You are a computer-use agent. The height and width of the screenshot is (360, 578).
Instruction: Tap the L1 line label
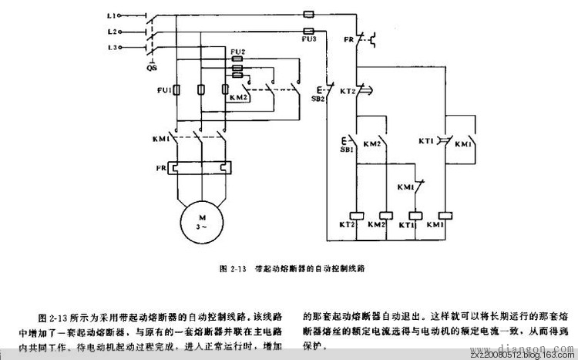pos(111,15)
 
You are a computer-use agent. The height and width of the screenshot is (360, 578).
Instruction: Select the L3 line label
pos(111,48)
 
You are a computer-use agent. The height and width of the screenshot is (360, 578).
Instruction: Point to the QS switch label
pos(153,68)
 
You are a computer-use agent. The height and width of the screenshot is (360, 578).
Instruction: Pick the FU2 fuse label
pos(237,52)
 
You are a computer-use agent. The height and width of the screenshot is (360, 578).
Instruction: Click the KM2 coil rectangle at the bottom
pos(384,214)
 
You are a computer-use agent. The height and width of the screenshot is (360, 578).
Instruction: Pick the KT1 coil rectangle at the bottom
pos(415,214)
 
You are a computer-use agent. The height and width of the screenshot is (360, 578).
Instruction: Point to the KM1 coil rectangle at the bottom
pos(445,214)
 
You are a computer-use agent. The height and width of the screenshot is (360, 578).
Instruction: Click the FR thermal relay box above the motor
pos(200,167)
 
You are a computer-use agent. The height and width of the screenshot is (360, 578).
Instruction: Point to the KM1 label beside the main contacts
pos(160,139)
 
